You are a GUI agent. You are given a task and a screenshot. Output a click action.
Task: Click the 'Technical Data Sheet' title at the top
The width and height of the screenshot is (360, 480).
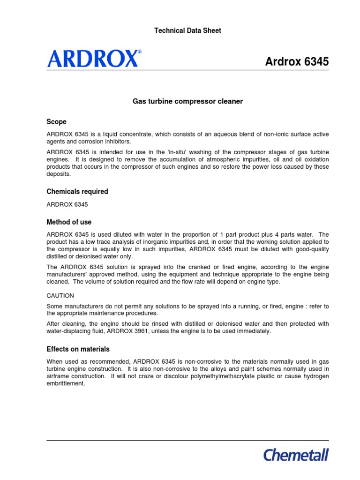pos(187,30)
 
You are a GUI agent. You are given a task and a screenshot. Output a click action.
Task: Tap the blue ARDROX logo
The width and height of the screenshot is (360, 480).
pos(92,59)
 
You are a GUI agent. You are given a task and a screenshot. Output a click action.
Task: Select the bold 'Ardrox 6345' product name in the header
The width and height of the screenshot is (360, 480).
pos(297,61)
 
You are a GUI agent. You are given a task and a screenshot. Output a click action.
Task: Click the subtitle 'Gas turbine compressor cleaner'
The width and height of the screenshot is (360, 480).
pos(187,101)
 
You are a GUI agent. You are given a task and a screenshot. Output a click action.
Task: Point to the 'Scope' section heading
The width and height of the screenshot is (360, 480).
pos(56,122)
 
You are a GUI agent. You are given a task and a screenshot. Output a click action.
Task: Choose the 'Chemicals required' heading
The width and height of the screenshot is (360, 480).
pos(77,191)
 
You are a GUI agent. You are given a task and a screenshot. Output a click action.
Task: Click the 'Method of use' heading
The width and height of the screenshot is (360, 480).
pos(69,222)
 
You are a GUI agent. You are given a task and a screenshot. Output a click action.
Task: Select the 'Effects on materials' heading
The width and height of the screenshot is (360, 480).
pos(78,349)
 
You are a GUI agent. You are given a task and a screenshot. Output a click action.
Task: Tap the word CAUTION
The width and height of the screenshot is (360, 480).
pos(60,296)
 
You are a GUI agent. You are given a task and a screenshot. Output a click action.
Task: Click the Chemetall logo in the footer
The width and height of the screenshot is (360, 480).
pos(296,455)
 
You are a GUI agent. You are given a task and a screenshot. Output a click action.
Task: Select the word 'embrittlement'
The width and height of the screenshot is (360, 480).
pos(66,383)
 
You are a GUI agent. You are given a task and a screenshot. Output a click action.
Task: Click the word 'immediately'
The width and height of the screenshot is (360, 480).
pos(254,331)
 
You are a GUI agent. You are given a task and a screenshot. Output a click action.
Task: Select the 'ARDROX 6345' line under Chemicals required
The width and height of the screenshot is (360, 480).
pos(67,204)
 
